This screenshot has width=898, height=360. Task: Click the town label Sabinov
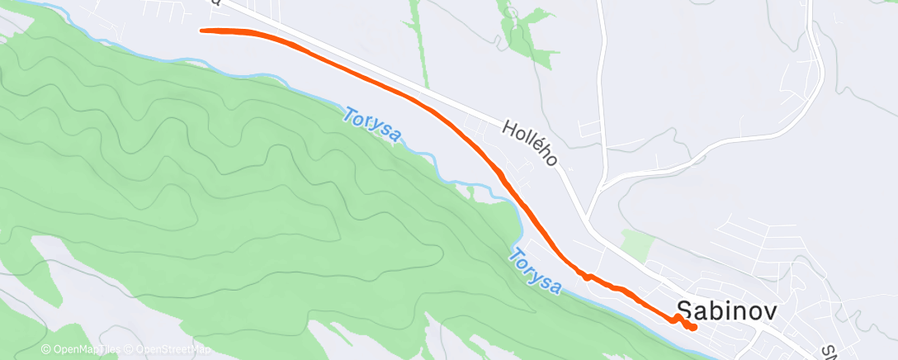coord(716,310)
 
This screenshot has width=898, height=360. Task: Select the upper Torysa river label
coord(371,125)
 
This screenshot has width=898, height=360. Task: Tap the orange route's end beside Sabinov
coord(694,327)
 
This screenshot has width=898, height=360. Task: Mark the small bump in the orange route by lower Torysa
coord(588,276)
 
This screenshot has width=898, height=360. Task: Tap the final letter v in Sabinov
coord(749,311)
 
